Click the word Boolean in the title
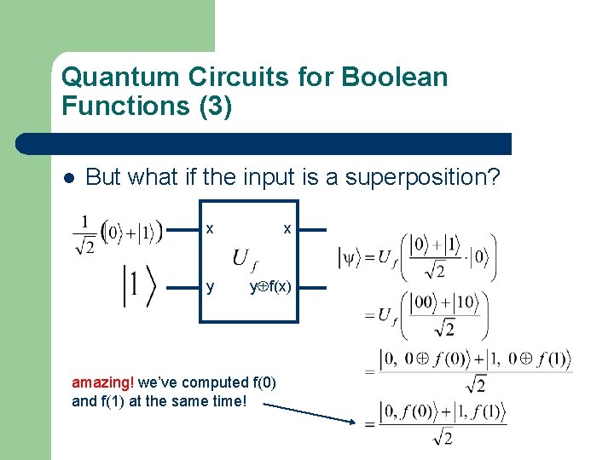click(394, 78)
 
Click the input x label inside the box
click(210, 229)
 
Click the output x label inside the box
click(287, 229)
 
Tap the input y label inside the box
click(210, 288)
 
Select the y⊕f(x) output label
click(271, 288)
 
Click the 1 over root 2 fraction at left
click(84, 233)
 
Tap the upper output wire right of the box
click(312, 229)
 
